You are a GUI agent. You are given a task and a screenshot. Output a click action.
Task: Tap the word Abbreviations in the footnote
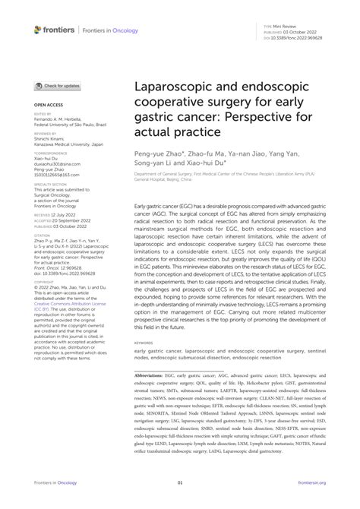tap(151, 375)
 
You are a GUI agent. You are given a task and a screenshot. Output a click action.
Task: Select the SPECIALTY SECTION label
tap(50, 183)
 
